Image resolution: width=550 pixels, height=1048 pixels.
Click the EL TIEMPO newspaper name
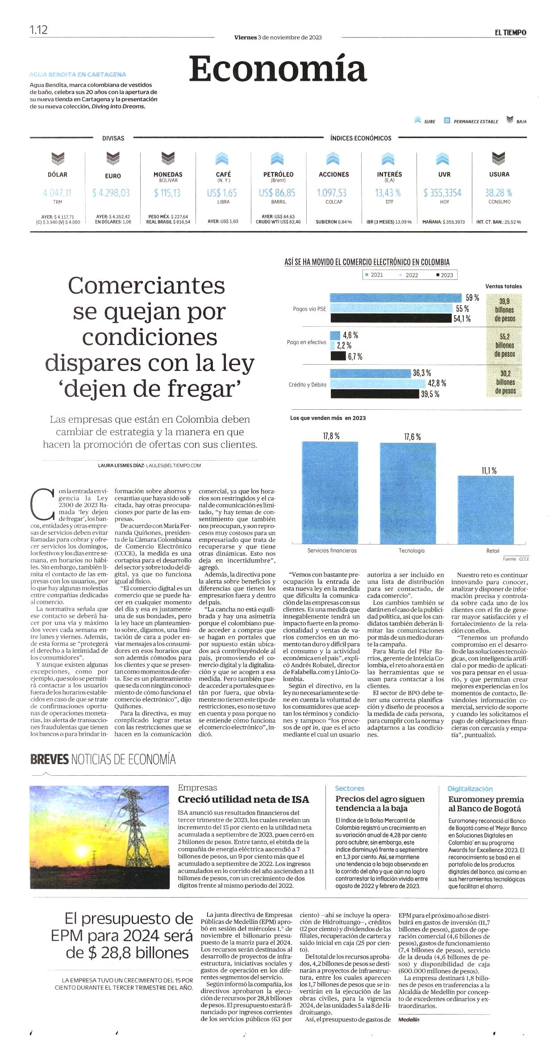[x=510, y=33]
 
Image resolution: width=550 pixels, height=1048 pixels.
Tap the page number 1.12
[x=38, y=30]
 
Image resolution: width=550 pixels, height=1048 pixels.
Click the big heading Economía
[x=278, y=69]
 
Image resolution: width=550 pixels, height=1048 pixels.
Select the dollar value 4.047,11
[x=57, y=193]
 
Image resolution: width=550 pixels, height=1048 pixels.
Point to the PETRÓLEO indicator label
[x=278, y=175]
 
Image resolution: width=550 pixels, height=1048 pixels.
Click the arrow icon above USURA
[x=499, y=158]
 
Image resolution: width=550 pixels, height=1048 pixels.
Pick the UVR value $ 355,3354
[x=442, y=193]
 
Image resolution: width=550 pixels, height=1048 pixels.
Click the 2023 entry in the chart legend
[x=445, y=275]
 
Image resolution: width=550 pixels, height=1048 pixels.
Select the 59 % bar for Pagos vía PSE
[x=396, y=298]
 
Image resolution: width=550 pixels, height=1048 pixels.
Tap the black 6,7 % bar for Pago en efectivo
[x=338, y=356]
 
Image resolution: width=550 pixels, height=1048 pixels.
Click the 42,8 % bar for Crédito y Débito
[x=378, y=383]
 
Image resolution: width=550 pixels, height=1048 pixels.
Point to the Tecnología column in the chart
[x=408, y=493]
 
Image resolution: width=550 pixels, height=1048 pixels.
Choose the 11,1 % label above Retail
[x=489, y=470]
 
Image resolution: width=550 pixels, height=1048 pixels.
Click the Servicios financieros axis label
[x=332, y=550]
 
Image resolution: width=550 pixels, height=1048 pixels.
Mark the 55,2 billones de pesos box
[x=504, y=345]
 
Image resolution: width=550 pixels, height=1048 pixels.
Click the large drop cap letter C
[x=43, y=505]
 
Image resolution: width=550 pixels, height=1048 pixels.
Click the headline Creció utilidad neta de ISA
[x=243, y=799]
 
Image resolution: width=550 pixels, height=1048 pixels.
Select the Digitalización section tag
[x=470, y=789]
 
